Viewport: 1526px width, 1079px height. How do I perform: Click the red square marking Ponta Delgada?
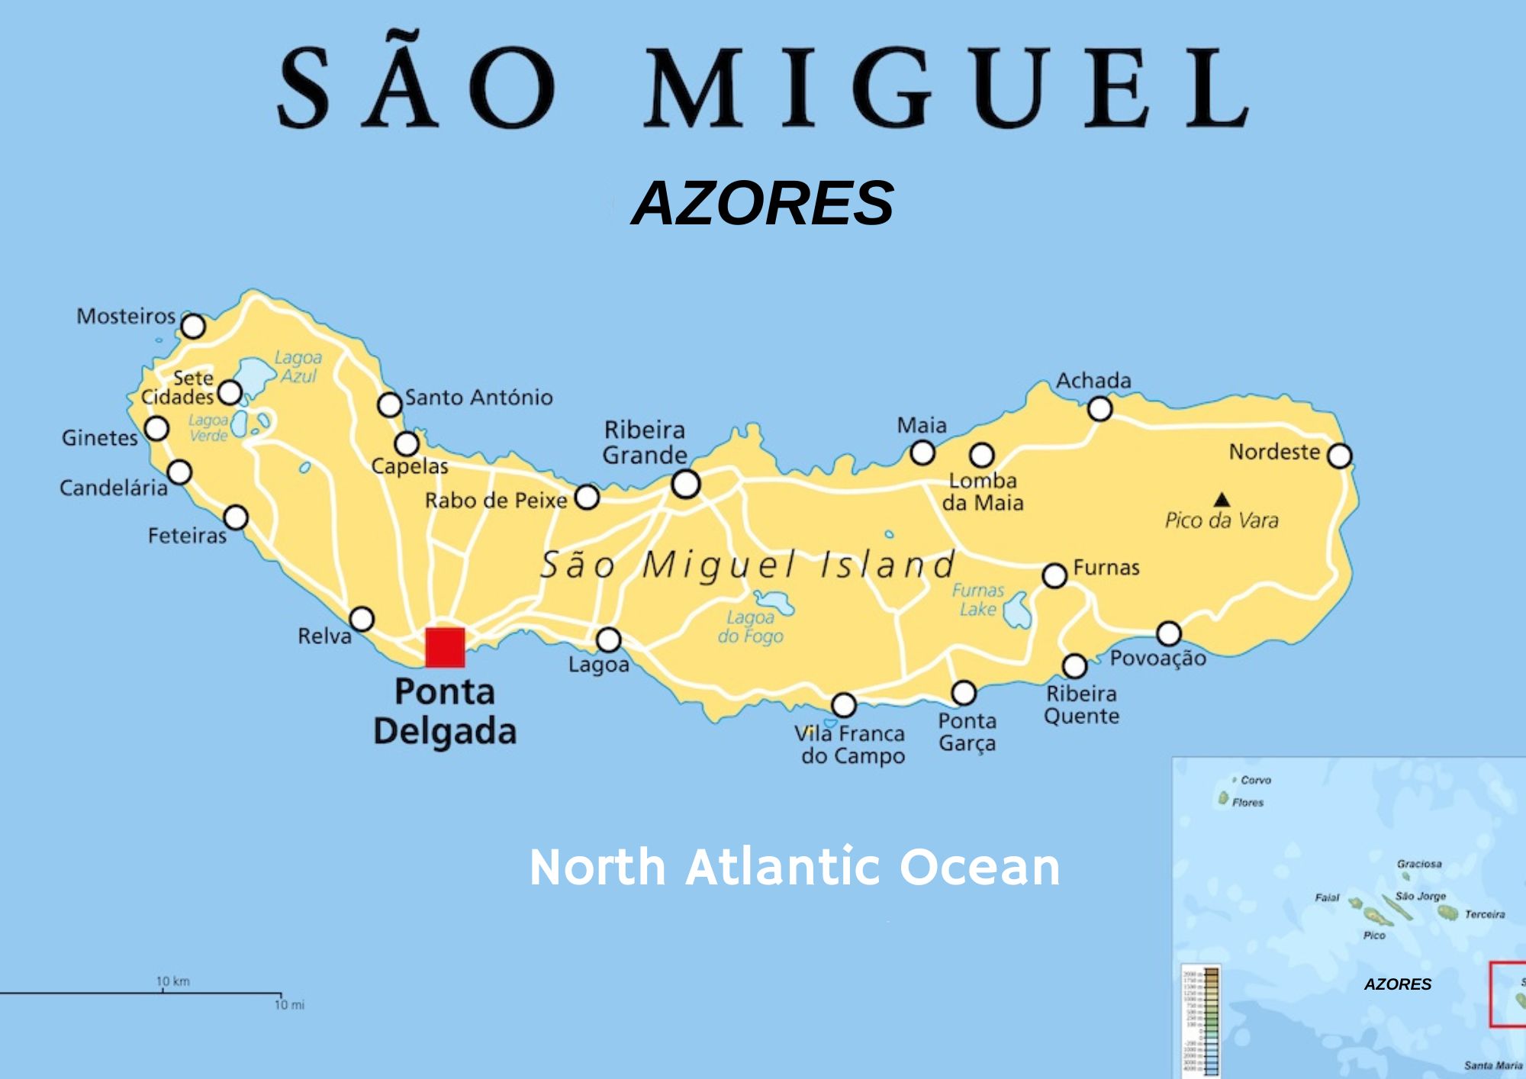(445, 647)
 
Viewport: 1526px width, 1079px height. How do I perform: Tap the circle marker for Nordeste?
(1340, 456)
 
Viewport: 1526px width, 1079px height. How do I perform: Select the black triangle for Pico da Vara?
(1222, 500)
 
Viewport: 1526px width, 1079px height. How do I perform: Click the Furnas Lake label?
(978, 600)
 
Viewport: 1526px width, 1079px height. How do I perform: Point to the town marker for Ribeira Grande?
(685, 484)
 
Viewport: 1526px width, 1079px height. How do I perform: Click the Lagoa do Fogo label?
(750, 626)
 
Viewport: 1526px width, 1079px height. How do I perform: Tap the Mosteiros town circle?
(193, 326)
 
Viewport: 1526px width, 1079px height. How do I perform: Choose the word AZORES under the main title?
(762, 203)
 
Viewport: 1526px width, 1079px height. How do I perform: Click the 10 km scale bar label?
(173, 981)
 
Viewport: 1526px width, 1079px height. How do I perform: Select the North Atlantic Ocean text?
(794, 867)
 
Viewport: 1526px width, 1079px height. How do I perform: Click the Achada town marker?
(1099, 409)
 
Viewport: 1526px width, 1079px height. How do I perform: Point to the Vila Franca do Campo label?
(851, 745)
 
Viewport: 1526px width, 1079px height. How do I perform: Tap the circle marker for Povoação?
(1169, 633)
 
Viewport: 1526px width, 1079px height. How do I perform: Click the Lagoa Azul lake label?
(298, 366)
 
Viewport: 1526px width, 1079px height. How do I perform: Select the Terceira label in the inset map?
(1485, 914)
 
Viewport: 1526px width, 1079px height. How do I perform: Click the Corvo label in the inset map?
(1256, 780)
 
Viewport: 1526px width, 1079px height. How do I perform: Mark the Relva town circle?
(362, 618)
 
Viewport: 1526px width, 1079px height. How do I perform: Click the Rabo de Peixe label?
(496, 501)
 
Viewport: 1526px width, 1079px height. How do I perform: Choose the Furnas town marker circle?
(1054, 575)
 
